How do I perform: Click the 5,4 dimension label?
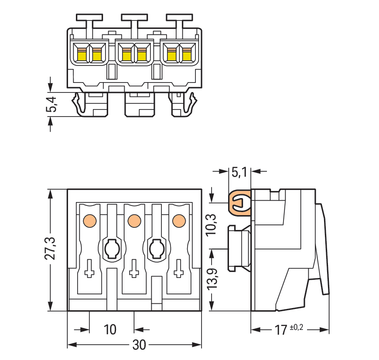point(51,105)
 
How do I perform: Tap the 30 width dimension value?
point(139,345)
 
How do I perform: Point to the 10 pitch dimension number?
point(111,329)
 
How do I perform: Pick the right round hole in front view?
point(156,249)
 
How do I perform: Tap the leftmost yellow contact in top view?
point(82,55)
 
